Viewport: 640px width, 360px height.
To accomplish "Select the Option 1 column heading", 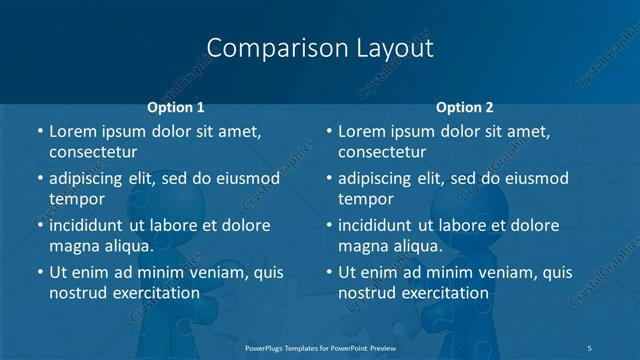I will pyautogui.click(x=175, y=107).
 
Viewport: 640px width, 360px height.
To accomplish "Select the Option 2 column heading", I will pyautogui.click(x=465, y=107).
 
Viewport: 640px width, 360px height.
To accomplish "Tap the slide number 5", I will pyautogui.click(x=589, y=347).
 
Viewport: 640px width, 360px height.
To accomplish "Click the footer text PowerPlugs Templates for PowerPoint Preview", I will pyautogui.click(x=319, y=347).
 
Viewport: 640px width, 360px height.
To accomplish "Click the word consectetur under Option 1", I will pyautogui.click(x=93, y=153).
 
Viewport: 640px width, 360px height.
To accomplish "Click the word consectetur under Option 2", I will pyautogui.click(x=382, y=153).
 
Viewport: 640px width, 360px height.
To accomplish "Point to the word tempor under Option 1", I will pyautogui.click(x=77, y=199).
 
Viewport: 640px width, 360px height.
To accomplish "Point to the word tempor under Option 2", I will pyautogui.click(x=366, y=199).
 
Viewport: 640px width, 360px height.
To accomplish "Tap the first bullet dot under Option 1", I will pyautogui.click(x=40, y=131).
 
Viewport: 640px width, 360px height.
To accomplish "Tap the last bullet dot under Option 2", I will pyautogui.click(x=329, y=272).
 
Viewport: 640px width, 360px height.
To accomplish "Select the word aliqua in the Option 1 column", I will pyautogui.click(x=127, y=246).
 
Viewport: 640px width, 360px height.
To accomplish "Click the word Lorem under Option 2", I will pyautogui.click(x=363, y=131).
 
